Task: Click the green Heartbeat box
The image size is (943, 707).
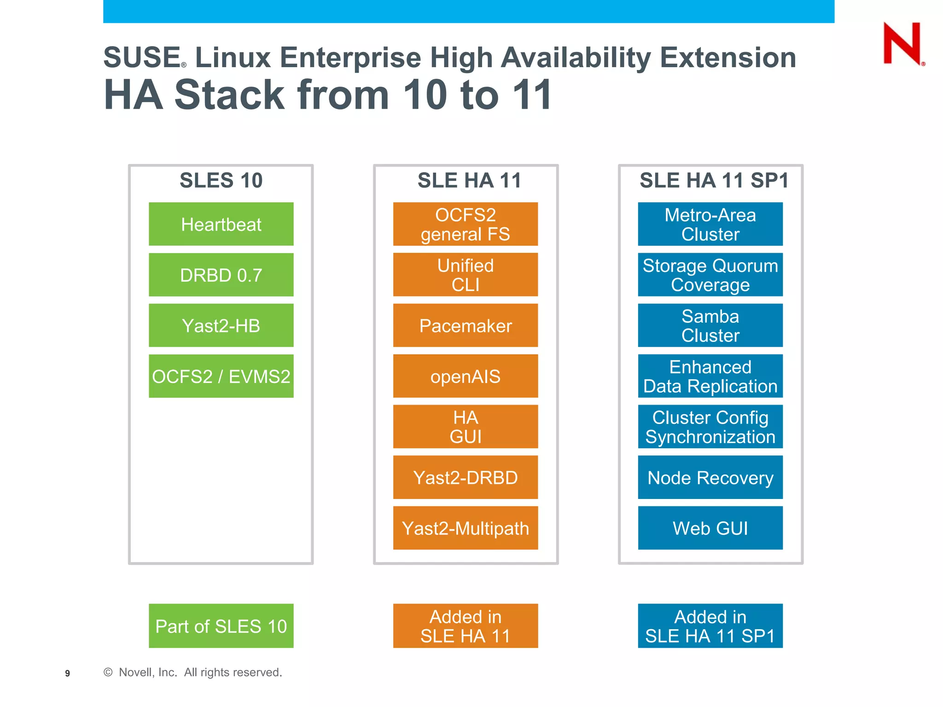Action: (221, 224)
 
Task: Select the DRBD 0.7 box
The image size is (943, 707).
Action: (221, 275)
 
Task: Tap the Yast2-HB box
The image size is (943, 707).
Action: (221, 325)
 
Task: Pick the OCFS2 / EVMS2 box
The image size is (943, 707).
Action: (221, 376)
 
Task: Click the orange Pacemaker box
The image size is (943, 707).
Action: (465, 325)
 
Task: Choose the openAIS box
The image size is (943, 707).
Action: (465, 376)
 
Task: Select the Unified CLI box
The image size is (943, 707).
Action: (465, 275)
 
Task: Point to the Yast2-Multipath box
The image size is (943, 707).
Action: (465, 528)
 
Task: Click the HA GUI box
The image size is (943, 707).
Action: (465, 427)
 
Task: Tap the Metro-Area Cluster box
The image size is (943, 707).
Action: (710, 224)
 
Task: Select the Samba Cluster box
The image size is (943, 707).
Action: (710, 325)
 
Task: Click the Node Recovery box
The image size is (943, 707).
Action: (710, 477)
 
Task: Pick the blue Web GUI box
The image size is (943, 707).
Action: (710, 528)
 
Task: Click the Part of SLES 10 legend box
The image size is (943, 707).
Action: (221, 626)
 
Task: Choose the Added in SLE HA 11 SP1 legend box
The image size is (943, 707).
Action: (710, 626)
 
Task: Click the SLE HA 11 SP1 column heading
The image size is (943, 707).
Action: (714, 180)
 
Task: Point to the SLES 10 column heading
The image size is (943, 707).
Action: (221, 180)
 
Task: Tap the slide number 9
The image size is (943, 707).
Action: (67, 673)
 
